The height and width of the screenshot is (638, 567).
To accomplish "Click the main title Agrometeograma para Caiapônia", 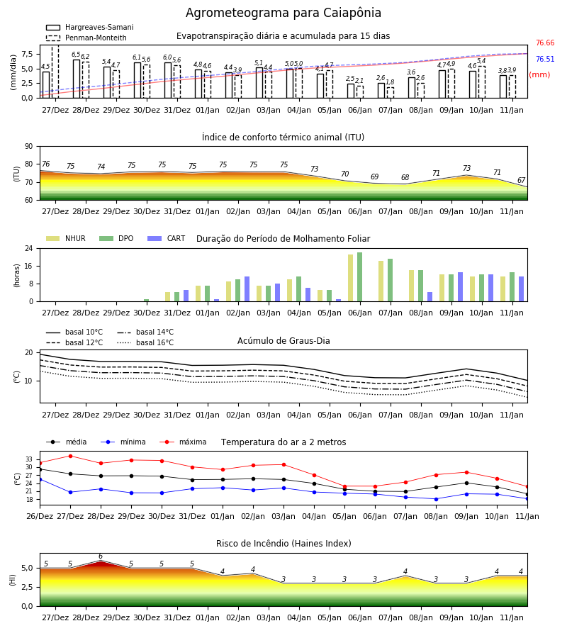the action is pyautogui.click(x=283, y=13).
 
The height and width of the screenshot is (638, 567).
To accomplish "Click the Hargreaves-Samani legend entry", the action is pyautogui.click(x=89, y=27).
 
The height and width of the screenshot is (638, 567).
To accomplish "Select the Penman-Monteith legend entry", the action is pyautogui.click(x=86, y=38).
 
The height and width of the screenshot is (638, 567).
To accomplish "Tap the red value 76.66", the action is pyautogui.click(x=545, y=43).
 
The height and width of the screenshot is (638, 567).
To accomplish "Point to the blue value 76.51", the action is pyautogui.click(x=545, y=59).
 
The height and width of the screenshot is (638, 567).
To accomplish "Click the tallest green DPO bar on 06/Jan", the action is pyautogui.click(x=359, y=277).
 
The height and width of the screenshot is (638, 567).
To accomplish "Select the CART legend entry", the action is pyautogui.click(x=167, y=238).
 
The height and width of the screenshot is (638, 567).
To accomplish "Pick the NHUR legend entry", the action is pyautogui.click(x=66, y=238).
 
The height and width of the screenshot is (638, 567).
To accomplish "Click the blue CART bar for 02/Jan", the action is pyautogui.click(x=247, y=289).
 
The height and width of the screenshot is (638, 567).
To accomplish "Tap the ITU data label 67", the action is pyautogui.click(x=521, y=180).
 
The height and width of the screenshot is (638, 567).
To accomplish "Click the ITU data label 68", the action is pyautogui.click(x=405, y=177).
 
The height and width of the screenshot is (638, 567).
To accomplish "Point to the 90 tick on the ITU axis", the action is pyautogui.click(x=29, y=147).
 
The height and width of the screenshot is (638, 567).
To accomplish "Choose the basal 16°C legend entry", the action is pyautogui.click(x=145, y=342).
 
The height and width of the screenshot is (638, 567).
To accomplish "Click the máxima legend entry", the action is pyautogui.click(x=183, y=442).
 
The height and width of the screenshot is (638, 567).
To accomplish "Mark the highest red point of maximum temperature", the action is pyautogui.click(x=70, y=456).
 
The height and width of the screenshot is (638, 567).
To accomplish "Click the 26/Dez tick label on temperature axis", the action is pyautogui.click(x=40, y=516).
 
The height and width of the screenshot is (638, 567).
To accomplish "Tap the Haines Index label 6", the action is pyautogui.click(x=101, y=556).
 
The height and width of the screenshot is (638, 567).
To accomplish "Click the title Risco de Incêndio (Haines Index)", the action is pyautogui.click(x=283, y=544).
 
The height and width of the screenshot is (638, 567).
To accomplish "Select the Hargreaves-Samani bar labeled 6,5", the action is pyautogui.click(x=77, y=79).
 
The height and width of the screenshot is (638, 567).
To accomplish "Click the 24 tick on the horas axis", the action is pyautogui.click(x=29, y=248).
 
